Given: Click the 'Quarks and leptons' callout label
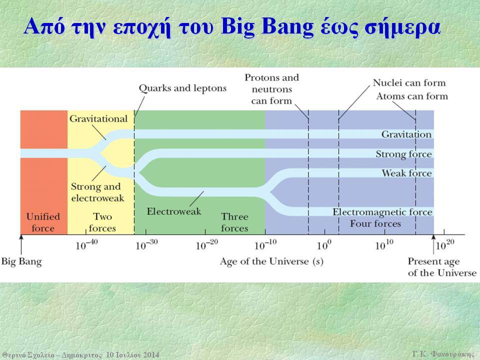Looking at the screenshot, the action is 183,88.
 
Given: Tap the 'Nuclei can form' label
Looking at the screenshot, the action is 409,82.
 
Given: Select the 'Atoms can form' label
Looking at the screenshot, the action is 412,96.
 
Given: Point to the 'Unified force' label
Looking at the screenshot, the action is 43,222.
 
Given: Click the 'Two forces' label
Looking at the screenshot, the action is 102,222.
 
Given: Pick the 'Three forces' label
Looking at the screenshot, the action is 234,222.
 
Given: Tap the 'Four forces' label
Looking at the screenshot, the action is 375,224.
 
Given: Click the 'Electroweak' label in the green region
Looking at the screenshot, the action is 174,211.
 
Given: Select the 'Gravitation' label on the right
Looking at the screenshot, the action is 406,134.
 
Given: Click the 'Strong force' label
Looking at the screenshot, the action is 404,154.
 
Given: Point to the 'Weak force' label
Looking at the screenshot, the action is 406,173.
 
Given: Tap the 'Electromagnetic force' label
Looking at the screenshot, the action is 382,212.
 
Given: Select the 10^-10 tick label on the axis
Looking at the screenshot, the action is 265,244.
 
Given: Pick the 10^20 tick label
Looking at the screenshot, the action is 445,244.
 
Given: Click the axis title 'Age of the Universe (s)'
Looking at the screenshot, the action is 271,261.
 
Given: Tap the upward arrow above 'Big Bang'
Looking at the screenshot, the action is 21,244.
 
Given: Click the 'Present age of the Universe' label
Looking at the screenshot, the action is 442,267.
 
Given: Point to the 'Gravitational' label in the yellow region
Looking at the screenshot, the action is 98,119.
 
